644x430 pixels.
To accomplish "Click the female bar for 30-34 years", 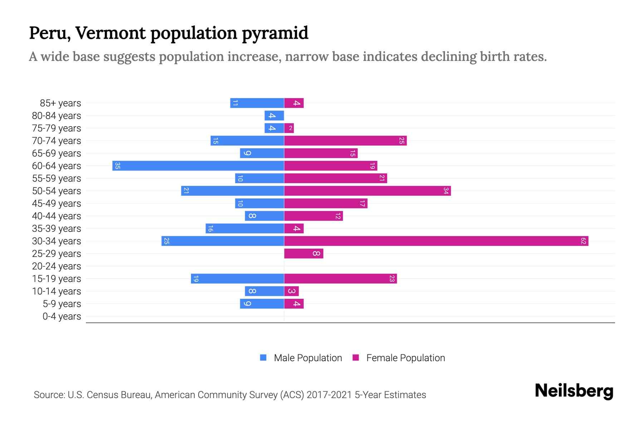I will coord(436,241).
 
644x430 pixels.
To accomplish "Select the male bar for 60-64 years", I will coord(198,166).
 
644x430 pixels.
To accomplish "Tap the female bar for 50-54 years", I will coord(367,191).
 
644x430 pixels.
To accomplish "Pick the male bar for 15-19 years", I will coord(237,279).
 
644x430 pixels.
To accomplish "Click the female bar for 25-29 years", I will coord(303,254).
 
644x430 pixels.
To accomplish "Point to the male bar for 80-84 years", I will coord(274,116).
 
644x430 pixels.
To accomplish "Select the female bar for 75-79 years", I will coord(289,128).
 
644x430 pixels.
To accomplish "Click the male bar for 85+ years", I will coord(257,103).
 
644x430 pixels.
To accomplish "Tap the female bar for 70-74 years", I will coord(345,141).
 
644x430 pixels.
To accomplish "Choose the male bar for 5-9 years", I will coord(262,304).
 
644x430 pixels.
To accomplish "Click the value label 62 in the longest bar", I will coord(583,241).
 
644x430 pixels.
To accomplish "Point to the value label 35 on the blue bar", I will coord(117,166).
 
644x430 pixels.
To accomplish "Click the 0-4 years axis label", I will coord(62,316).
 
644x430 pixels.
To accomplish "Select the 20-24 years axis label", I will coord(57,266).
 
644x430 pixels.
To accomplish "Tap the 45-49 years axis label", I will coord(57,204).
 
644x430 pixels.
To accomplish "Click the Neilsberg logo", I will coord(574,391).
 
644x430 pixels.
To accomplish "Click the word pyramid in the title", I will coord(275,33).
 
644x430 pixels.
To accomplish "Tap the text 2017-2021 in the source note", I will coord(329,395).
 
